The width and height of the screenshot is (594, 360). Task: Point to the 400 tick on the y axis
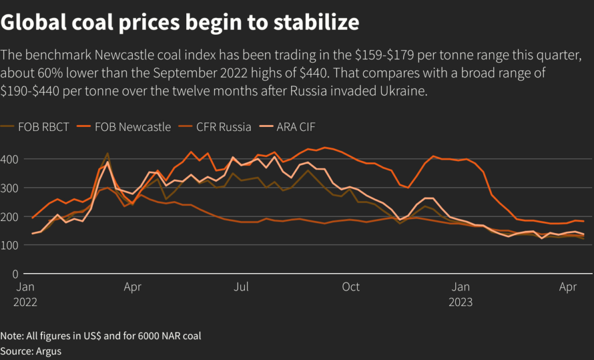[11, 159]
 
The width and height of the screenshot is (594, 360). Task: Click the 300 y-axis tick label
[11, 188]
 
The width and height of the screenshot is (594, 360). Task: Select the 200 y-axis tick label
[11, 216]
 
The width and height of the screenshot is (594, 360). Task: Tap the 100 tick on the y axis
[11, 245]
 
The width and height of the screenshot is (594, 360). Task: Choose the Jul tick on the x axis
[241, 287]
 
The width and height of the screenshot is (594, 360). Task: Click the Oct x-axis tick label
[351, 287]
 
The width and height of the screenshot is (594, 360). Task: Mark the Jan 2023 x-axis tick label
[461, 294]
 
